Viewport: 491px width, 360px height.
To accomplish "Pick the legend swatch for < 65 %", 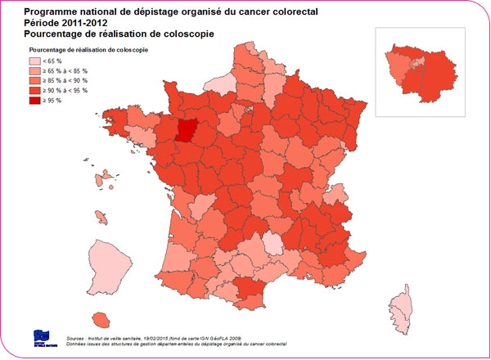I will pyautogui.click(x=36, y=61).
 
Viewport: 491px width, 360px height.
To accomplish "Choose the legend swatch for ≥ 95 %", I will pyautogui.click(x=36, y=101).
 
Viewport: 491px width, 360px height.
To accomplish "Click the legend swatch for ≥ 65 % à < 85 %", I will pyautogui.click(x=36, y=71).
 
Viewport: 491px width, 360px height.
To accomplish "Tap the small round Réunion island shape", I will pyautogui.click(x=103, y=318).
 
